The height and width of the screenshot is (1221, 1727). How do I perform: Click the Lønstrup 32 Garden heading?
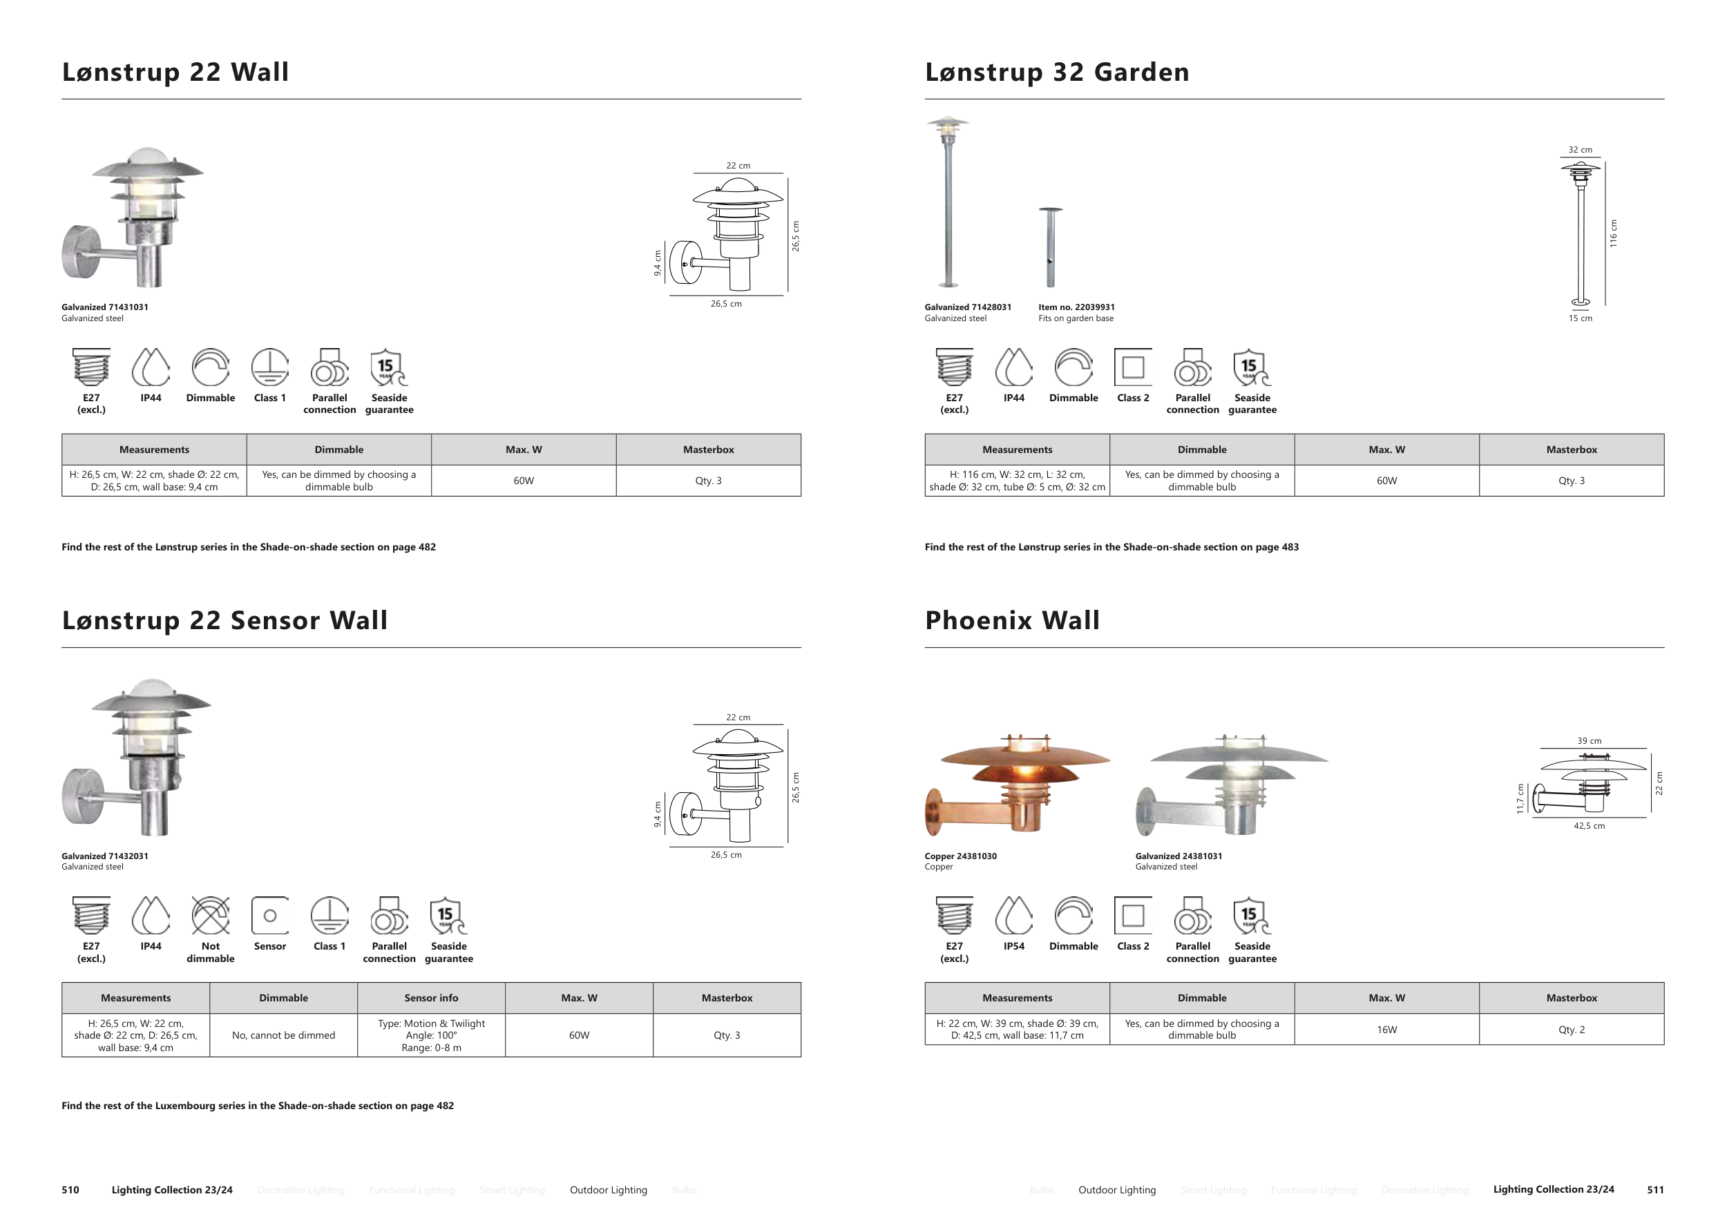(1057, 73)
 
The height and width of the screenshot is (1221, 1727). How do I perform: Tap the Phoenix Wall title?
(1012, 620)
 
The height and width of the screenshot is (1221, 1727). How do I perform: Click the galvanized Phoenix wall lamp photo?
(1230, 786)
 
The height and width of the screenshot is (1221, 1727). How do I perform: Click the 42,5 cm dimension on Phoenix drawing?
(1589, 825)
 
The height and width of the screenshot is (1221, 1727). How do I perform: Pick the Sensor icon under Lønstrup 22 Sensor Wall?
(270, 915)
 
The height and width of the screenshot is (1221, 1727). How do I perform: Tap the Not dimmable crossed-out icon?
(211, 915)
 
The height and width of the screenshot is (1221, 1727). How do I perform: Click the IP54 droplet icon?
(1013, 915)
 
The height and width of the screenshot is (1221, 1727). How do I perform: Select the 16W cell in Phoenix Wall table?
(1386, 1029)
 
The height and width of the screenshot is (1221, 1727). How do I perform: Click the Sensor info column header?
(431, 998)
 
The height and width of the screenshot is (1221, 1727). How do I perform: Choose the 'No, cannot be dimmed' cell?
(283, 1035)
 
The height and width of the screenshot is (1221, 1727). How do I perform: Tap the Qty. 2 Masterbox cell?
(1572, 1029)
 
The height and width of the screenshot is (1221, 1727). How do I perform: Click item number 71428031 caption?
(968, 307)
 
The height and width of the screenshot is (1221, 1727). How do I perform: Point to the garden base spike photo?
(1050, 247)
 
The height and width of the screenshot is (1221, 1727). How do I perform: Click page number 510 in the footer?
(70, 1189)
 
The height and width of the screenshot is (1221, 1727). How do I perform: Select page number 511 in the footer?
(1654, 1189)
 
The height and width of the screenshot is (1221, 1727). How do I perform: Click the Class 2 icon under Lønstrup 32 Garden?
(1133, 367)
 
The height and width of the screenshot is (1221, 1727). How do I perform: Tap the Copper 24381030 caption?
(960, 856)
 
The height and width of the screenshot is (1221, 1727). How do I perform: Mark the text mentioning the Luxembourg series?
(257, 1105)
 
